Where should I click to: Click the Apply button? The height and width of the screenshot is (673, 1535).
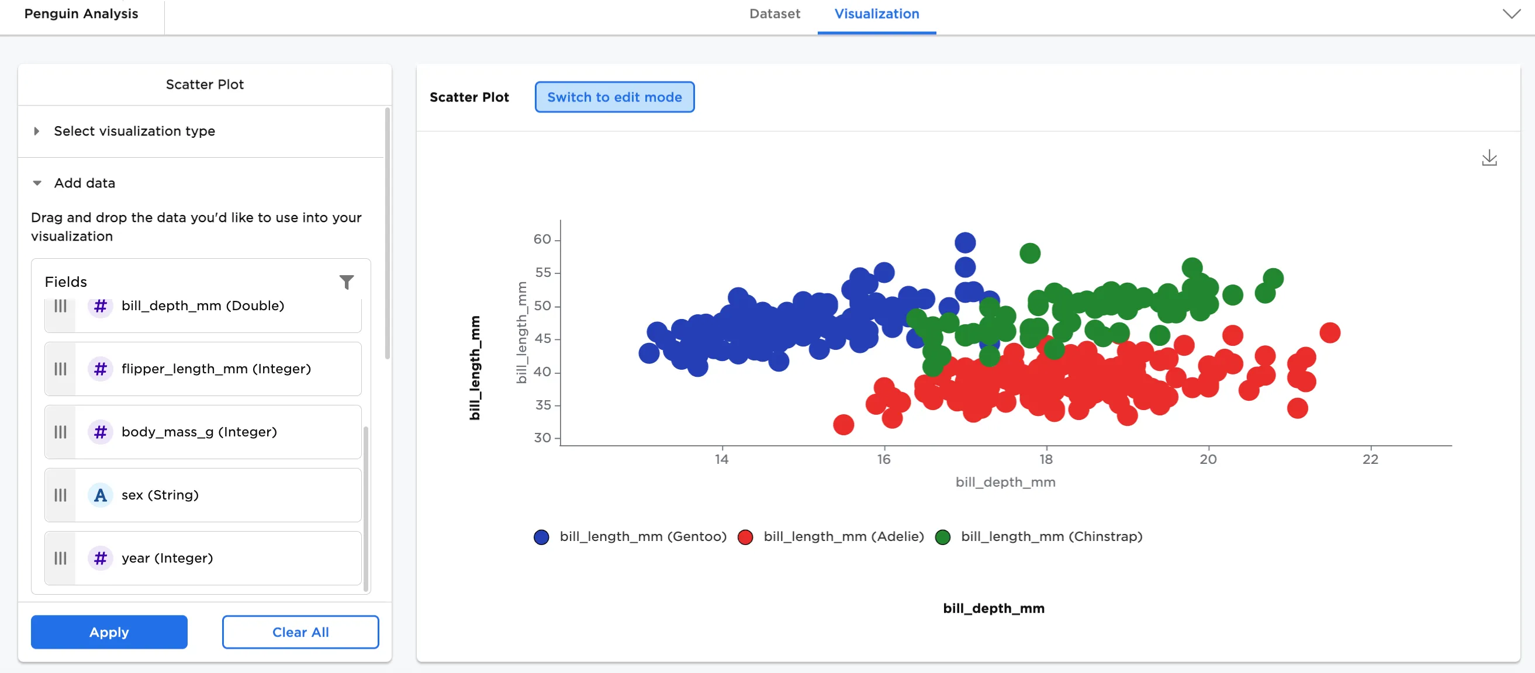point(109,632)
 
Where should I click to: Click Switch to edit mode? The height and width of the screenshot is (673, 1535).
point(614,97)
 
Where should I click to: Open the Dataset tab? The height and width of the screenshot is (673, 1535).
point(774,13)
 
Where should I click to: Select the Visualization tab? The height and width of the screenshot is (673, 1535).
point(877,13)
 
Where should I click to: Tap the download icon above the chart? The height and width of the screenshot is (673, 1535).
point(1489,158)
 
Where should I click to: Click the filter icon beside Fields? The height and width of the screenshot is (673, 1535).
point(347,282)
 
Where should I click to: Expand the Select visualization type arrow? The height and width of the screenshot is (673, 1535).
point(37,131)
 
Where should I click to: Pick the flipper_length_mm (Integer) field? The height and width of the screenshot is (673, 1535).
point(203,369)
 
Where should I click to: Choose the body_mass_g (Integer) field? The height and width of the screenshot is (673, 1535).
point(203,432)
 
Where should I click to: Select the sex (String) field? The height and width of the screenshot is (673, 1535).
point(203,495)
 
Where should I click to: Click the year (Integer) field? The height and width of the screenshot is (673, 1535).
point(203,558)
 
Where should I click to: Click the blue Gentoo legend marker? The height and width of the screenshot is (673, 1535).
point(541,537)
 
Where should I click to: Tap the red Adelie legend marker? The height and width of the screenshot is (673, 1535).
point(745,537)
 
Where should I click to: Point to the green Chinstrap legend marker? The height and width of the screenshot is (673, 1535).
point(943,537)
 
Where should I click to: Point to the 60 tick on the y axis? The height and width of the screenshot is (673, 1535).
point(542,240)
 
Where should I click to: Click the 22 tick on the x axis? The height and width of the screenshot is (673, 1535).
point(1371,459)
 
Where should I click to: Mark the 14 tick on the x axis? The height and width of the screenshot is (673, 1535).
point(722,459)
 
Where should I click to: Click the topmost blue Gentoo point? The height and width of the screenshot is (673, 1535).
point(964,242)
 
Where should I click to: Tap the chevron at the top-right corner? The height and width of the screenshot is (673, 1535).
point(1511,13)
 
